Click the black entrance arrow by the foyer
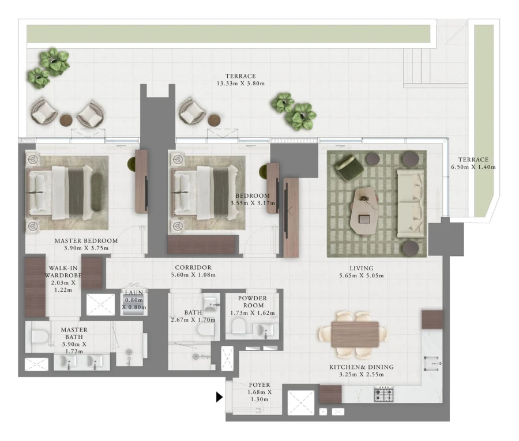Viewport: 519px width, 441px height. click(x=219, y=397)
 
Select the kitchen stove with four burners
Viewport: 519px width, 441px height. click(x=383, y=395)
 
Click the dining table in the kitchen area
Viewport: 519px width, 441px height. click(x=355, y=334)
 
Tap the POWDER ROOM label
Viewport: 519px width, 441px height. click(x=252, y=301)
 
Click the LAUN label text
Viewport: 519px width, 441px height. click(x=134, y=293)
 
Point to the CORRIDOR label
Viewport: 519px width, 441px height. click(x=193, y=267)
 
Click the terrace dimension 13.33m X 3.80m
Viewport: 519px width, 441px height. click(x=240, y=84)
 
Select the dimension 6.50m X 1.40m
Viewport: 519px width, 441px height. click(x=473, y=167)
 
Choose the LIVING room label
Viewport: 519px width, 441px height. click(x=361, y=268)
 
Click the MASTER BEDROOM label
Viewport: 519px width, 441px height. click(x=86, y=240)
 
